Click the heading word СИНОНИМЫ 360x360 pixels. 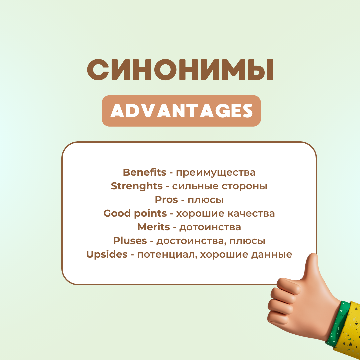click(x=180, y=70)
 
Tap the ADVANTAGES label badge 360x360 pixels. click(x=181, y=111)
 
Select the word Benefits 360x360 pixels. click(x=144, y=172)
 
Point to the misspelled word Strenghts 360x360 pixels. click(x=137, y=186)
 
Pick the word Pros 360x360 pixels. click(x=166, y=200)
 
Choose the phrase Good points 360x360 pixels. click(x=135, y=213)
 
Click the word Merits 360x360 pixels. click(x=154, y=227)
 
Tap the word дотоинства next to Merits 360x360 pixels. click(x=210, y=227)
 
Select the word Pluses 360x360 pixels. click(x=130, y=240)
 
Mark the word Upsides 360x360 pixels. click(x=107, y=254)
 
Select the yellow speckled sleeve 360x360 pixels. click(x=349, y=333)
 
